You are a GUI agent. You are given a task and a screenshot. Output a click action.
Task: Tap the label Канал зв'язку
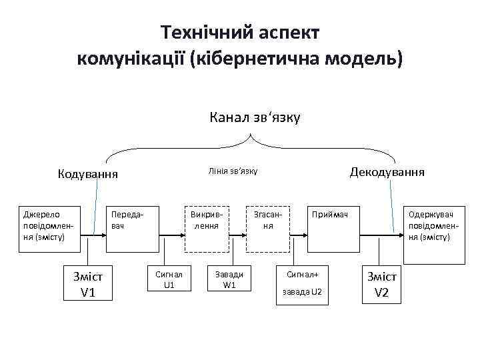click(255, 118)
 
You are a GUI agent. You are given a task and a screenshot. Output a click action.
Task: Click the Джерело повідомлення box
click(48, 227)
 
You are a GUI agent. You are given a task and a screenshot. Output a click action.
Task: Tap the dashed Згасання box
click(268, 227)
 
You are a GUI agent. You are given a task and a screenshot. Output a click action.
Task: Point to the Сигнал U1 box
click(169, 279)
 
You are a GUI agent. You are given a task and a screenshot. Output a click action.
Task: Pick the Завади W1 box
click(229, 279)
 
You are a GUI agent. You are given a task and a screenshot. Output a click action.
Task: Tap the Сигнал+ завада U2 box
click(303, 283)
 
